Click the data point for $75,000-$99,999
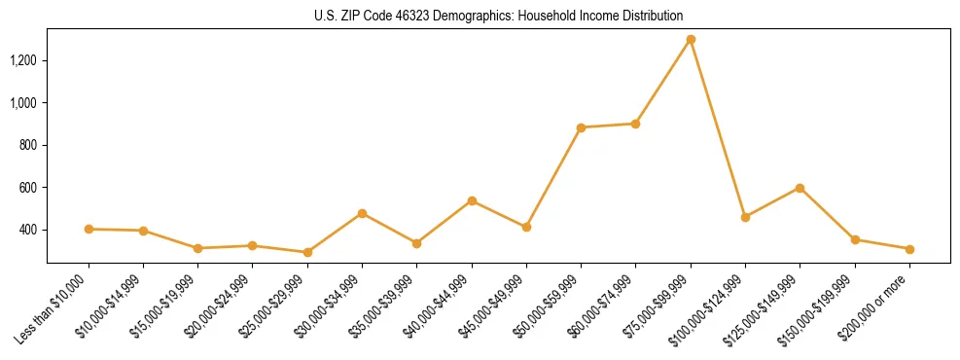point(691,40)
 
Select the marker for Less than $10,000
point(89,229)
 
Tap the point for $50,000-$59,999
point(581,127)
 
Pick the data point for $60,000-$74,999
point(635,124)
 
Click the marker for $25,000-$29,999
point(307,252)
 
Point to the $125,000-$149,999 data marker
point(800,188)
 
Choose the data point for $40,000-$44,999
point(472,200)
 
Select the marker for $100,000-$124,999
point(745,217)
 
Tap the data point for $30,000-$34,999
point(362,213)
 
